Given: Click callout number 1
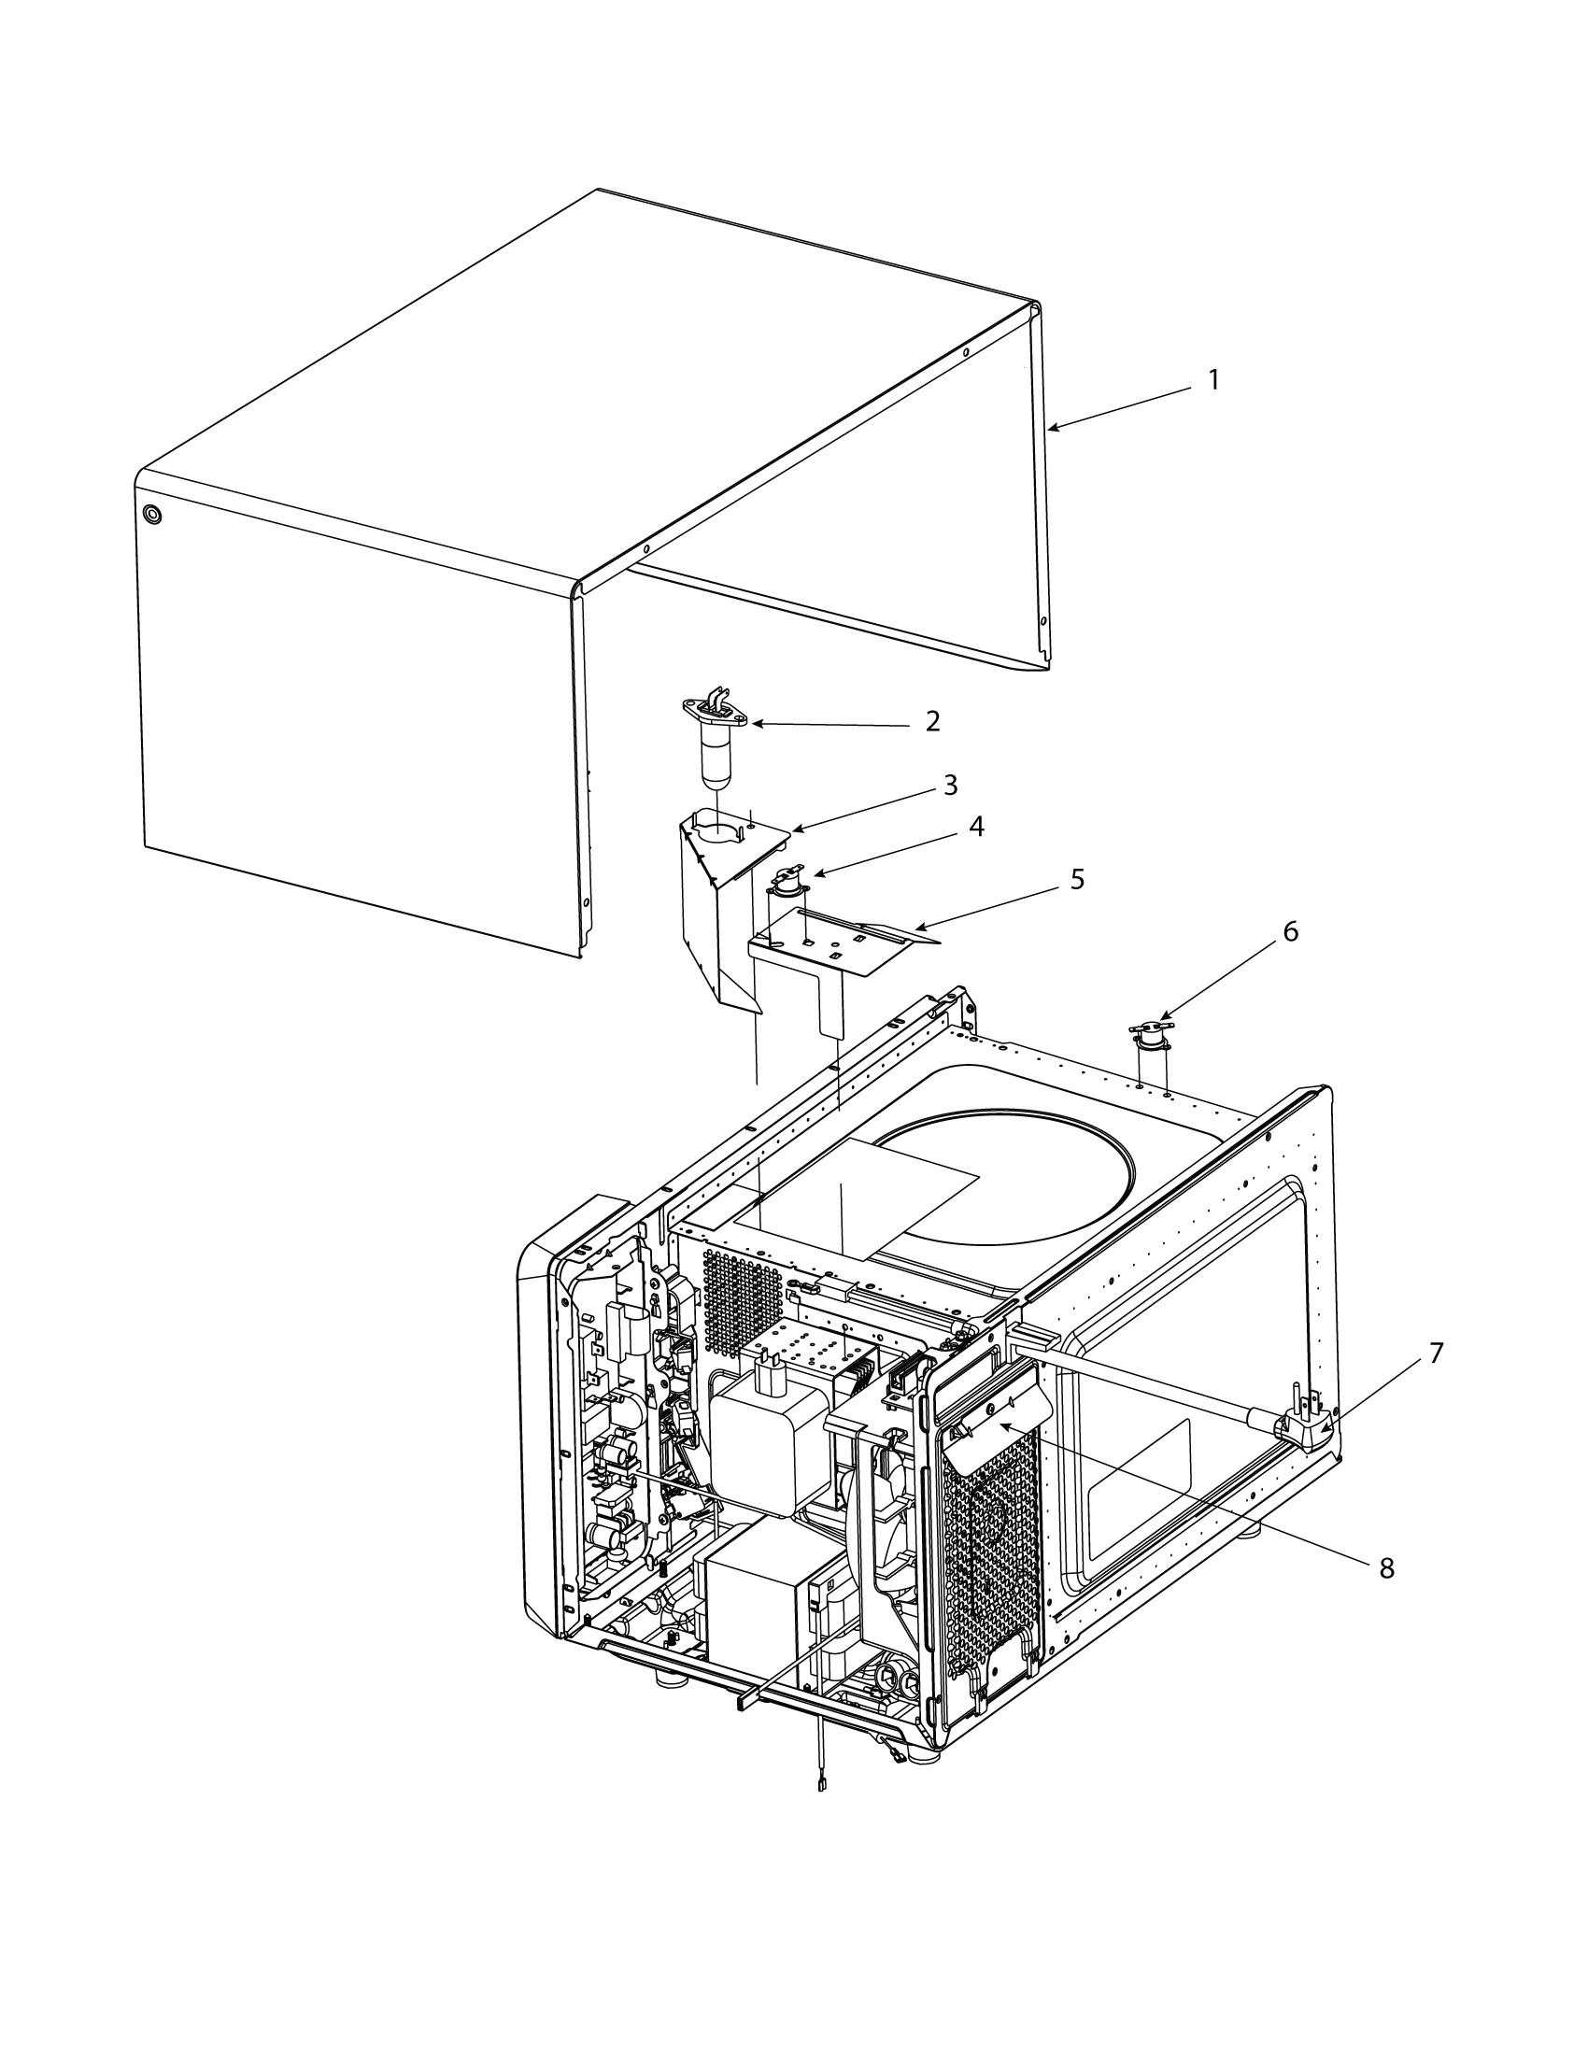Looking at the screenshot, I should [x=1213, y=380].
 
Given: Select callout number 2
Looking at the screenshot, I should [x=932, y=722].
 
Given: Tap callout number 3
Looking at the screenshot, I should [x=950, y=784].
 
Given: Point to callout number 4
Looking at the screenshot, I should [x=976, y=827].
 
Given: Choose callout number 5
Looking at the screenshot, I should [x=1077, y=880].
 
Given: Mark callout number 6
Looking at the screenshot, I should [x=1290, y=931].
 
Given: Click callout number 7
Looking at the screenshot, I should [x=1435, y=1353].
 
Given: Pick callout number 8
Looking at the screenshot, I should [x=1385, y=1568].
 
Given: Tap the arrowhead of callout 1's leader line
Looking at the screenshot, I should [x=1051, y=430].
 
